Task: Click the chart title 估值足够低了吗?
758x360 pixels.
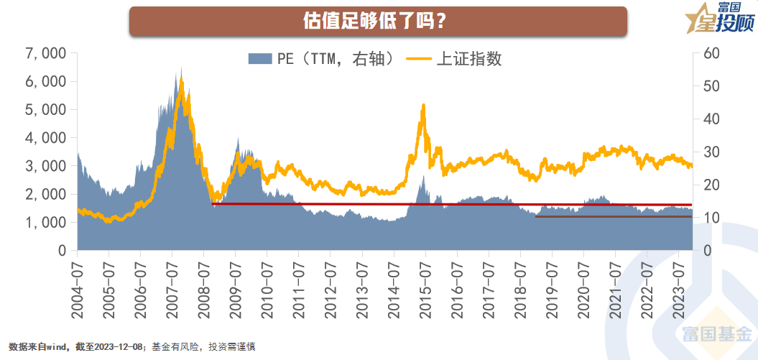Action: [378, 21]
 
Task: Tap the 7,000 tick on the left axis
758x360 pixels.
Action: [45, 53]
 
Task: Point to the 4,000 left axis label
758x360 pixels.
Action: [45, 138]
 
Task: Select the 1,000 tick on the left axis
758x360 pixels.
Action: [45, 223]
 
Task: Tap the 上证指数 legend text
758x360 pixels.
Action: [468, 59]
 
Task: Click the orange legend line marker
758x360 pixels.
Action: [418, 59]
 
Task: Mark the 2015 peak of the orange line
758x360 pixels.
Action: [423, 106]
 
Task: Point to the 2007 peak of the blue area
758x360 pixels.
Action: [181, 68]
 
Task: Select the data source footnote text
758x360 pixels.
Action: [132, 347]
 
